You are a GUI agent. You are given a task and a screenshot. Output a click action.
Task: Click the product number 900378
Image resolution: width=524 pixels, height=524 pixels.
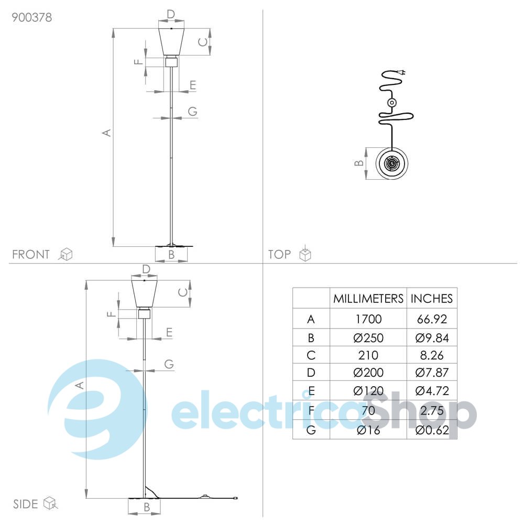(x=32, y=17)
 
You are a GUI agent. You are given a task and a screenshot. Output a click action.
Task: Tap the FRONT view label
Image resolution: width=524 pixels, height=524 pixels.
(x=31, y=254)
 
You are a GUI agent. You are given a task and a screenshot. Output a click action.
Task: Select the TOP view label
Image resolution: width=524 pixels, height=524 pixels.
(x=279, y=254)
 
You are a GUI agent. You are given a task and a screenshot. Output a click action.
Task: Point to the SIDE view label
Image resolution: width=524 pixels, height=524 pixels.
(x=25, y=504)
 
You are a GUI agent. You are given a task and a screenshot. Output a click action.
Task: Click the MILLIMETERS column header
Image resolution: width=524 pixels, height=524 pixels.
(x=368, y=299)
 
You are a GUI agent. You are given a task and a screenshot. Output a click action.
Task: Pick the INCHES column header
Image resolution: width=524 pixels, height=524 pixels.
(x=432, y=299)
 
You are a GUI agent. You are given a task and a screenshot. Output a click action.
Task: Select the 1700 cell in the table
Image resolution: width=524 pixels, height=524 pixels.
(x=368, y=319)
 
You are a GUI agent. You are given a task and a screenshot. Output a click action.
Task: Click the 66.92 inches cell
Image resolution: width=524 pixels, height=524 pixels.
(x=432, y=319)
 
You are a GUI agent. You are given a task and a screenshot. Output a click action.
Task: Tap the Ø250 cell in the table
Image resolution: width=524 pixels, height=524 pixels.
(x=368, y=338)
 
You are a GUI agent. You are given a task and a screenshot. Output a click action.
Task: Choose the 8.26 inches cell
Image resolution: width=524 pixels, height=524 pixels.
(x=432, y=355)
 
